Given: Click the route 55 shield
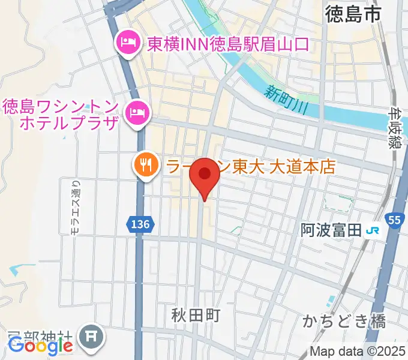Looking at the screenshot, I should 393,221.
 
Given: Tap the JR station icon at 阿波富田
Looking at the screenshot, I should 373,230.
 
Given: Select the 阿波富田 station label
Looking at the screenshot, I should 332,230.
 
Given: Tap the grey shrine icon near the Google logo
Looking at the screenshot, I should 93,334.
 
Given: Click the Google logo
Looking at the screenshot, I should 40,346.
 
